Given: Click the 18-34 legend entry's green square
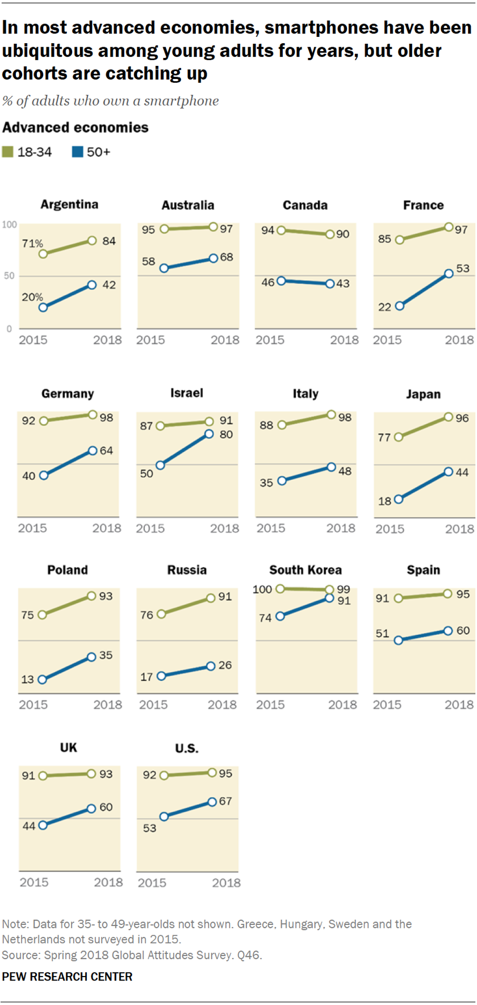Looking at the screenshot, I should pos(7,152).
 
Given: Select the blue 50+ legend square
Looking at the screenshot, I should pos(77,152).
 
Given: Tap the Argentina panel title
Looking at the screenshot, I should pos(69,204).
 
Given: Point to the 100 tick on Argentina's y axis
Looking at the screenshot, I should pos(10,225).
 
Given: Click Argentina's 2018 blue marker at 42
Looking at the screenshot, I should pos(92,285).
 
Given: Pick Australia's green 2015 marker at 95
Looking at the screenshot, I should pos(164,229).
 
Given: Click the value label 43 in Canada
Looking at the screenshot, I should pos(342,283).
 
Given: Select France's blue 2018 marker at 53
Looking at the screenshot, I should pos(449,274).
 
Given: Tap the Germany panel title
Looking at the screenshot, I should pos(68,393).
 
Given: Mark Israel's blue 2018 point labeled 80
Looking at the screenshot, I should pos(209,434).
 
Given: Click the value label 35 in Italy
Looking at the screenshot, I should pos(266,483).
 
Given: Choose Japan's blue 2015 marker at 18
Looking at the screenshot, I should pos(399,499).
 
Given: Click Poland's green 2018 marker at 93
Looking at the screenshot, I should pos(91,596).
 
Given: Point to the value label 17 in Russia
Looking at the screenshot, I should pos(147,677).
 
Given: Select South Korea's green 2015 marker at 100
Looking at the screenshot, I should pos(280,589).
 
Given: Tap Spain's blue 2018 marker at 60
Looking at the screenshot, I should pos(447,631).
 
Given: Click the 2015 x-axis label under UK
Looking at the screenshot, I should pos(34,882).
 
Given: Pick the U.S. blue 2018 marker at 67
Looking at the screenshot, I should pos(212,802).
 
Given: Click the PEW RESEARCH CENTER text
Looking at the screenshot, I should pos(67,977).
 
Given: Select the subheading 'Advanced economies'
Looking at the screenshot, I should pos(76,127).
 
